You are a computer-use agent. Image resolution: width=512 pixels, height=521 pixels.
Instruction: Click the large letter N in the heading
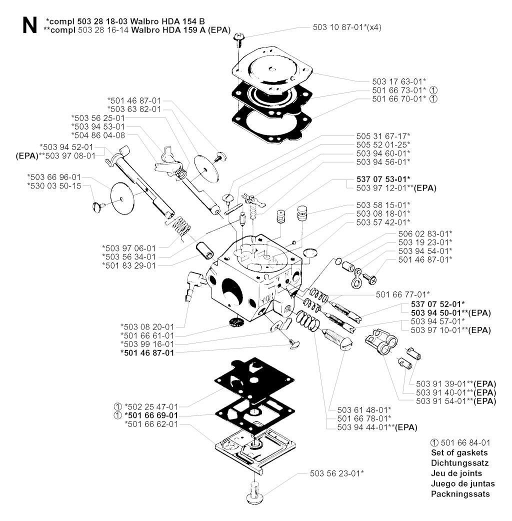tap(28, 26)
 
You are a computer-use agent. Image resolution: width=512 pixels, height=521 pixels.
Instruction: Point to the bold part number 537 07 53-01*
tap(384, 179)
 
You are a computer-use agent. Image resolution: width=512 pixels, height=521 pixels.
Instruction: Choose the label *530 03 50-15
tap(54, 186)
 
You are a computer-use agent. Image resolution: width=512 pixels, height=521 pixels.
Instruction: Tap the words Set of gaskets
tap(459, 452)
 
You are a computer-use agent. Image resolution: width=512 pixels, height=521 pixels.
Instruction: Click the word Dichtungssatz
tap(459, 463)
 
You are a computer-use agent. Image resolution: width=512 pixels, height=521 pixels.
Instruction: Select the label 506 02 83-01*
tap(425, 233)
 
